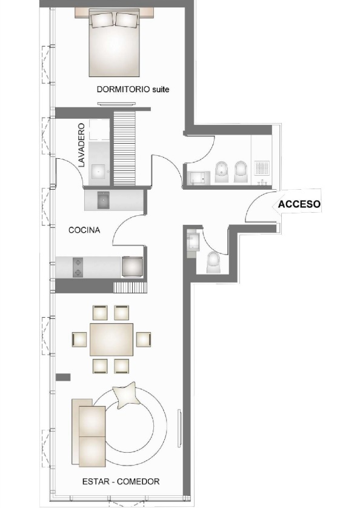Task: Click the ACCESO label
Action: (x=299, y=205)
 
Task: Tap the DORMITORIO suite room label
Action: (x=132, y=89)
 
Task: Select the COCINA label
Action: (x=84, y=230)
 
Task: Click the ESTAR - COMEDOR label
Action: (x=121, y=481)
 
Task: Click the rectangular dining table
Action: (x=112, y=339)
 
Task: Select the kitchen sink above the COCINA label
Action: (x=102, y=199)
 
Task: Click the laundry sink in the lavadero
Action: (x=98, y=172)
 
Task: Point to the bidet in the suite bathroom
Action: (x=221, y=172)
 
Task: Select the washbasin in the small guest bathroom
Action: (x=192, y=242)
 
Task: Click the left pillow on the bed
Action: (x=102, y=21)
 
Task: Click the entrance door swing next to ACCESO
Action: (x=259, y=209)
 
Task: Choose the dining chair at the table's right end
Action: (x=143, y=339)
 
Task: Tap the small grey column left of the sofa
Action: (x=63, y=377)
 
